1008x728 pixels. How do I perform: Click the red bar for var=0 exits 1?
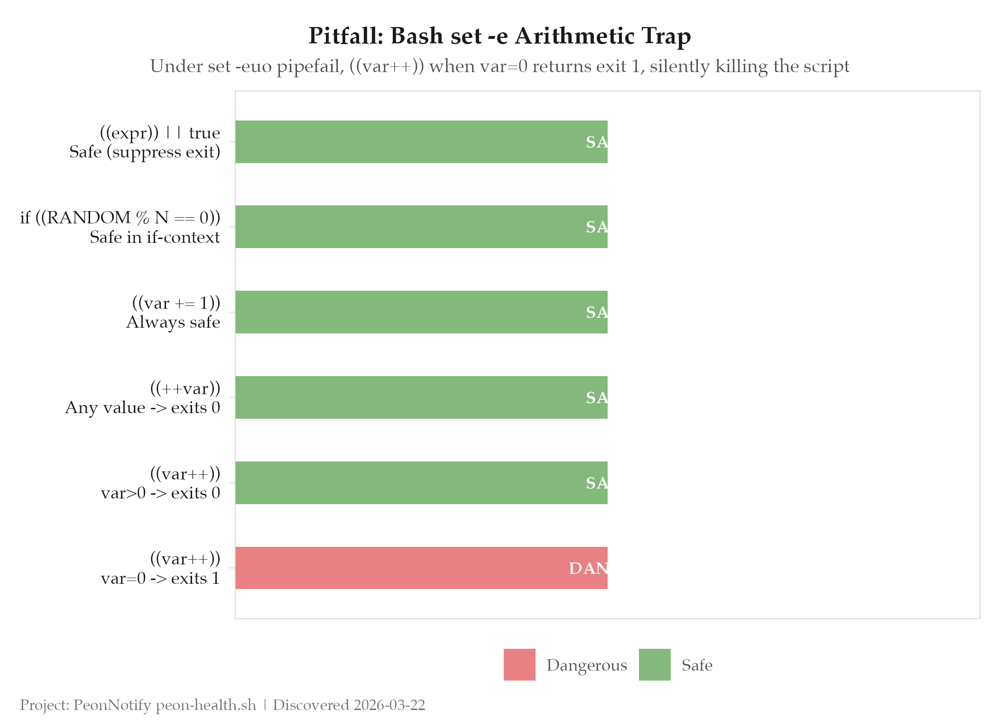pyautogui.click(x=421, y=568)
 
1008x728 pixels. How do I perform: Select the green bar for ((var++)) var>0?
pyautogui.click(x=421, y=482)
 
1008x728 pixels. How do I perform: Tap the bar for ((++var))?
pyautogui.click(x=421, y=397)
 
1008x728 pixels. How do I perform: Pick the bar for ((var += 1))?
pyautogui.click(x=421, y=312)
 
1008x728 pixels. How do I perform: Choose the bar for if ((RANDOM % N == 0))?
pyautogui.click(x=421, y=226)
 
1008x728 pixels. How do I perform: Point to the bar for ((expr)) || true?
pyautogui.click(x=421, y=141)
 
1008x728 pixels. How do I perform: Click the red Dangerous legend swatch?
pyautogui.click(x=519, y=664)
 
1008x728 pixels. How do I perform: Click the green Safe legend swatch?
pyautogui.click(x=655, y=664)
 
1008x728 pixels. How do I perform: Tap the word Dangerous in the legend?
pyautogui.click(x=587, y=665)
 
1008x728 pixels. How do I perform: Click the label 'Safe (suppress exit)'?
pyautogui.click(x=145, y=152)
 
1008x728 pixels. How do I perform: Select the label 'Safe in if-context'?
pyautogui.click(x=155, y=237)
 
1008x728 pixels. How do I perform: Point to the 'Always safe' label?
pyautogui.click(x=173, y=322)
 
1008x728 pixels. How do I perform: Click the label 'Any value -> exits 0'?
pyautogui.click(x=142, y=407)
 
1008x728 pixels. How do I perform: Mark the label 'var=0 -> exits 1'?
pyautogui.click(x=160, y=578)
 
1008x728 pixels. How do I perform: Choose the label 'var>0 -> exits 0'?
pyautogui.click(x=160, y=493)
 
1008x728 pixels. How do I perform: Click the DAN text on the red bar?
pyautogui.click(x=588, y=568)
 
